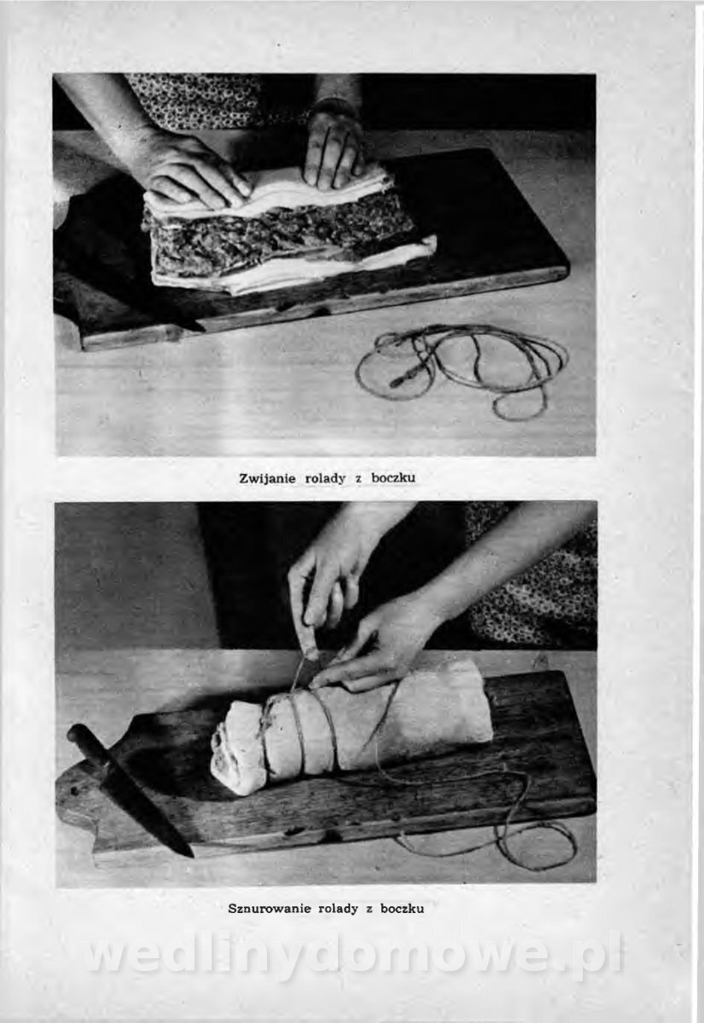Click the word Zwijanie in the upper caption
[267, 479]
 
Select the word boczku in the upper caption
[393, 478]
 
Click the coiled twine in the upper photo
[462, 370]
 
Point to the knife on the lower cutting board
[131, 788]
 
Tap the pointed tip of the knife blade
[192, 855]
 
